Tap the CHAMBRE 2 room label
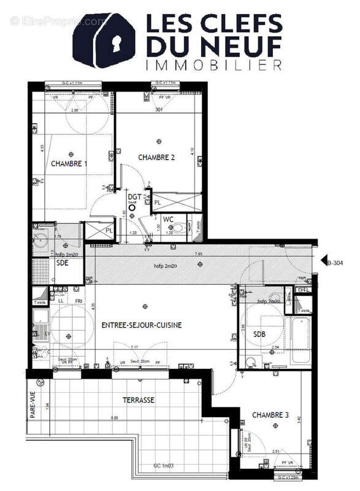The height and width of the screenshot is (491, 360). point(156,157)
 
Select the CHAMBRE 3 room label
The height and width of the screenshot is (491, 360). point(270,416)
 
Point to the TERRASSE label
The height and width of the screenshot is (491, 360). point(137,400)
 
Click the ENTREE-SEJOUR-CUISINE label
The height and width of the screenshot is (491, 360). point(142,325)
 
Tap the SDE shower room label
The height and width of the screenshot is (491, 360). point(63,263)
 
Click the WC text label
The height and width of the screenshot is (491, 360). point(168,218)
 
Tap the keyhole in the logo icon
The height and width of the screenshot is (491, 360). point(117,42)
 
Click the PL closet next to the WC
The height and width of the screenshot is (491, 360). point(158,202)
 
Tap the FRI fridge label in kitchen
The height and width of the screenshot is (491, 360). point(79,302)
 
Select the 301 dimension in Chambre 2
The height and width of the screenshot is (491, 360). point(158,110)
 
